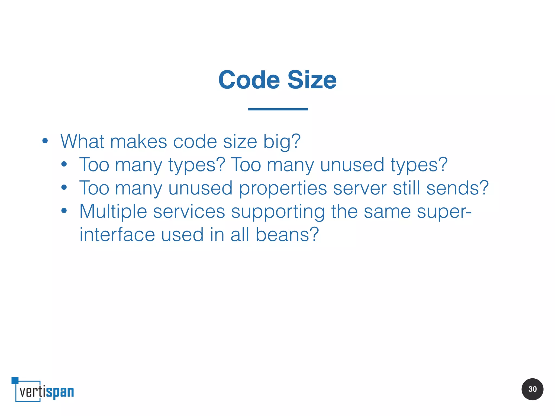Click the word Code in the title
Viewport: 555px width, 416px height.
[249, 80]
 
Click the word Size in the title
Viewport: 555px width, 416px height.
[312, 80]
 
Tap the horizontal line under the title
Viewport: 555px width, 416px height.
[278, 109]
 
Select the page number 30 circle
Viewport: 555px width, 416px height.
[532, 389]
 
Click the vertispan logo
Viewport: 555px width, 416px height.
[43, 390]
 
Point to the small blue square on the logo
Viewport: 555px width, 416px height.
[15, 380]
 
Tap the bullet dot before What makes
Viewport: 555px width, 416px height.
[45, 141]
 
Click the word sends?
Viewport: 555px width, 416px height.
[457, 188]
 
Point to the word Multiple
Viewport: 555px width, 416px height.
[113, 211]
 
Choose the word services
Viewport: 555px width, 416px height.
[189, 211]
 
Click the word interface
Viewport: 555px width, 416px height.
[117, 235]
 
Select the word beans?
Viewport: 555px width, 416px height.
[287, 235]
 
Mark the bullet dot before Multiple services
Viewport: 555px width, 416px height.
[64, 211]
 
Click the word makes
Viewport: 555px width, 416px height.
[138, 141]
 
